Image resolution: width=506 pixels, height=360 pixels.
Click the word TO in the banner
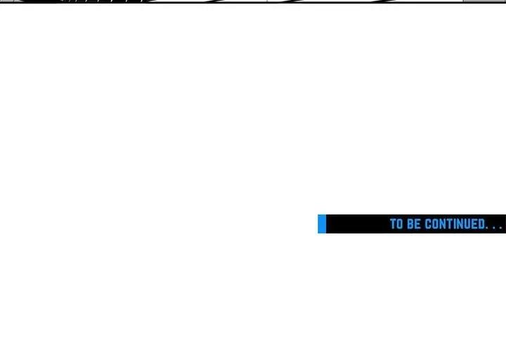click(x=396, y=224)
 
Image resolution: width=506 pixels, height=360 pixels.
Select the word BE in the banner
click(x=414, y=224)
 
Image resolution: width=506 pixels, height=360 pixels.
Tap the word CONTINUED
click(x=455, y=224)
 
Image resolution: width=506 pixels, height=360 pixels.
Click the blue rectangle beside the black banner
click(x=322, y=224)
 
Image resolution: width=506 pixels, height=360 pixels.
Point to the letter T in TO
click(x=393, y=224)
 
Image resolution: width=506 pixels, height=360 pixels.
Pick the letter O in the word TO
click(x=399, y=224)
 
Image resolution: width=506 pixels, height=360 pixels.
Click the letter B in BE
click(x=410, y=224)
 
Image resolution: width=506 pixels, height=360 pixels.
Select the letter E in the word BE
click(x=418, y=224)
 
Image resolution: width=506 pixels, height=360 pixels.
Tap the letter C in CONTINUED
click(x=428, y=224)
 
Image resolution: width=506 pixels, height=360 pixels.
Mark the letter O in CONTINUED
click(x=436, y=224)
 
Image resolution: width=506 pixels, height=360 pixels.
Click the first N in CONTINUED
click(x=443, y=224)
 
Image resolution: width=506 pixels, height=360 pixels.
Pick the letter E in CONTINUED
click(x=475, y=224)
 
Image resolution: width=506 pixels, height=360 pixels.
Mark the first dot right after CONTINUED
click(x=487, y=228)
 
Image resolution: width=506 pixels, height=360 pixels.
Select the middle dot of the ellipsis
click(x=494, y=228)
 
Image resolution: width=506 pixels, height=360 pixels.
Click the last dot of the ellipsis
click(x=500, y=228)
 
